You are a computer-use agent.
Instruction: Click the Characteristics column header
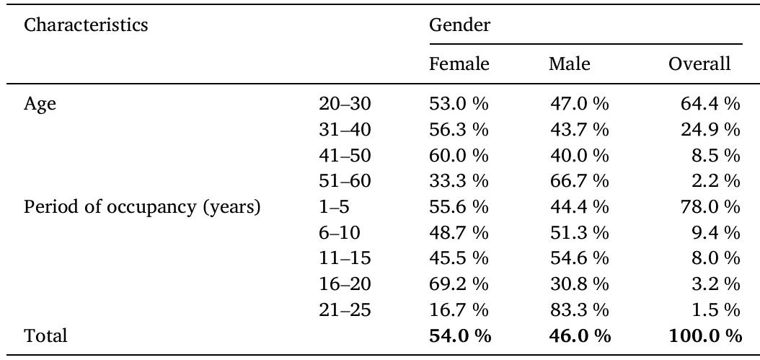(x=86, y=25)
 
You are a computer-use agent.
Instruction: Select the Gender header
(x=459, y=25)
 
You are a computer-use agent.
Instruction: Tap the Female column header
(x=459, y=64)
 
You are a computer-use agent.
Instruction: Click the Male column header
(x=569, y=64)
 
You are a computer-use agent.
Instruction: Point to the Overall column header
(x=699, y=64)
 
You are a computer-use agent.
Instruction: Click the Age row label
(x=40, y=104)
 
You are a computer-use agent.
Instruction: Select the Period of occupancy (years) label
(x=142, y=207)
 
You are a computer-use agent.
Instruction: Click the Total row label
(x=45, y=336)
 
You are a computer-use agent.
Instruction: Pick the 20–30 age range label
(x=344, y=104)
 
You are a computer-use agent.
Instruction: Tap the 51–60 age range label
(x=344, y=181)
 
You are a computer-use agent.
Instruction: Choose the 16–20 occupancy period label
(x=344, y=284)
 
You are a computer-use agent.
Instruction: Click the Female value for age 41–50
(x=459, y=156)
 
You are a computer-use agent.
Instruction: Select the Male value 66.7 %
(x=578, y=181)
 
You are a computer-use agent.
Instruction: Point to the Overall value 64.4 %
(x=710, y=104)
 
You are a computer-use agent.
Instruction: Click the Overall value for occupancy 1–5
(x=710, y=207)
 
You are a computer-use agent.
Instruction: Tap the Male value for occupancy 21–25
(x=578, y=310)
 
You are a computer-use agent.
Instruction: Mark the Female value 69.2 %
(x=459, y=284)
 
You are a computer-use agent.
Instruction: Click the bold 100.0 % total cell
(x=705, y=336)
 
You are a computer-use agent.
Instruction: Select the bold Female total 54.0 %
(x=459, y=336)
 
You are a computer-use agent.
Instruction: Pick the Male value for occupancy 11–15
(x=578, y=259)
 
